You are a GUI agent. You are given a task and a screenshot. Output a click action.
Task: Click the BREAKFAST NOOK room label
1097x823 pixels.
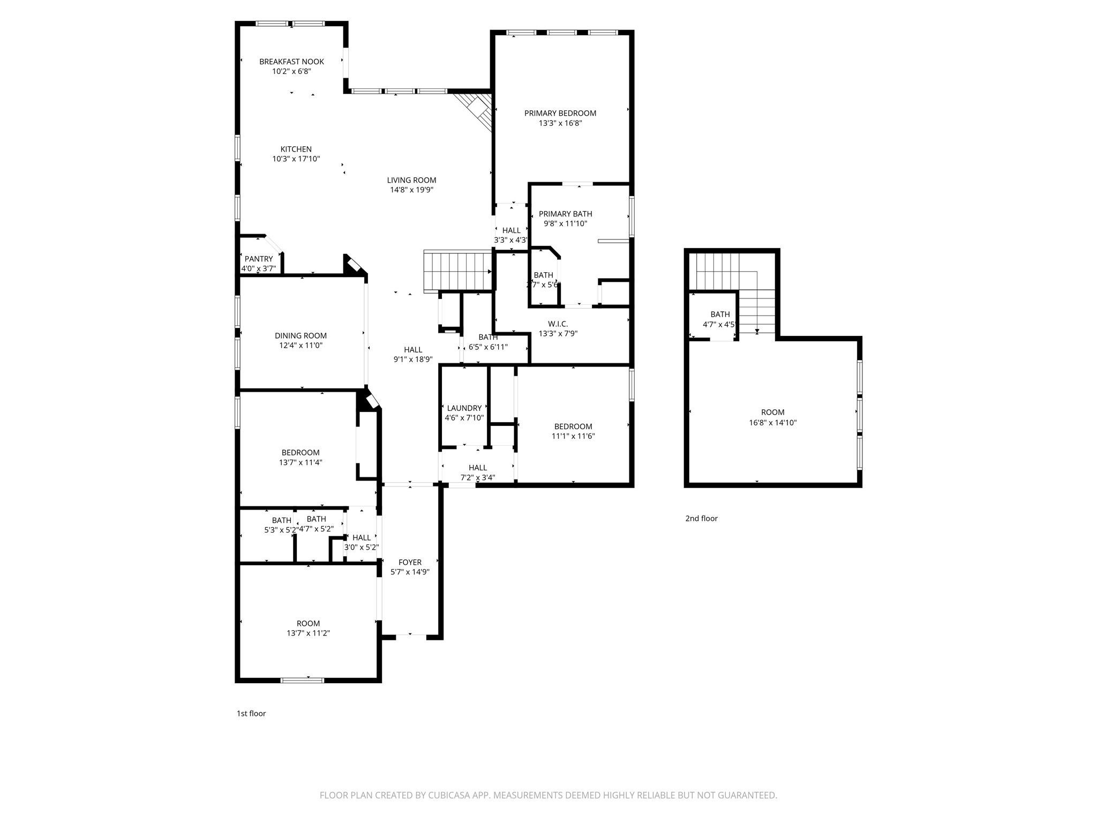291,62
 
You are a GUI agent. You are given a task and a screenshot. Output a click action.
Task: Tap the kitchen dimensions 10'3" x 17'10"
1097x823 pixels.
296,159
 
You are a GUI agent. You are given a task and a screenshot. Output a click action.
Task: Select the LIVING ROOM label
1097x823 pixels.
411,180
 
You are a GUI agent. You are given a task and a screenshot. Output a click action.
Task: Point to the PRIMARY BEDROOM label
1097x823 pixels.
560,113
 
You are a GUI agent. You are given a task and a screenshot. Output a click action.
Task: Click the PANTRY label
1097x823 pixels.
259,259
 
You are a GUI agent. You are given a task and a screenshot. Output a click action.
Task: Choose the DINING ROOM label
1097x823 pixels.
300,335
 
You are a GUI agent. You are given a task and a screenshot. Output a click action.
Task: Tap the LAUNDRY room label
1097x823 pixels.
464,408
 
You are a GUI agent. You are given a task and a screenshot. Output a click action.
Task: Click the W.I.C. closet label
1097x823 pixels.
558,324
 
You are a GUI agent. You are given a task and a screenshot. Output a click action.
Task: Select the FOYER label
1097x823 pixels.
410,562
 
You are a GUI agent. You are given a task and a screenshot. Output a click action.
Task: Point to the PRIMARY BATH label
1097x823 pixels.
565,214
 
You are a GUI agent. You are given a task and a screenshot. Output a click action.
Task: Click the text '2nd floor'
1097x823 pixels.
701,518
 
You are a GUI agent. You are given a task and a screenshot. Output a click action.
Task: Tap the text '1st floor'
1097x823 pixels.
251,713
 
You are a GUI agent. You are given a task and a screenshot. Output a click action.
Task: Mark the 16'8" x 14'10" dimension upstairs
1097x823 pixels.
772,422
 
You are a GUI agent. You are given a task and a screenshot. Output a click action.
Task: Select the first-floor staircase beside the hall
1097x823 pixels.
457,270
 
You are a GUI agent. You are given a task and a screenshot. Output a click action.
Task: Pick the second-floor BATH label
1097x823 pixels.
720,314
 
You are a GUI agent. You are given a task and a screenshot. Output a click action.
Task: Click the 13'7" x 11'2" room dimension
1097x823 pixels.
308,633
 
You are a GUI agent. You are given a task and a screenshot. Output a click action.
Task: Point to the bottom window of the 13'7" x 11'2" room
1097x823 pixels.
303,680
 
